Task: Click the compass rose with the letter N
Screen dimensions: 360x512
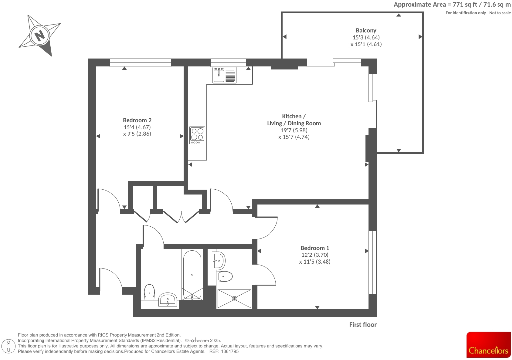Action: [x=40, y=35]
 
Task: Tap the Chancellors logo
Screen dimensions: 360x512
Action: [x=488, y=345]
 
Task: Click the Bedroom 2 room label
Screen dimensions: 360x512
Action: [x=137, y=120]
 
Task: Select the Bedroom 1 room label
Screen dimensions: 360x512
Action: [x=315, y=248]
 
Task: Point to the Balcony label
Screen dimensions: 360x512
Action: [x=366, y=30]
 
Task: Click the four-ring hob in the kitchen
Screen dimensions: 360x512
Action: [x=197, y=135]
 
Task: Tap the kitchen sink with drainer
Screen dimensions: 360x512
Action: [x=224, y=75]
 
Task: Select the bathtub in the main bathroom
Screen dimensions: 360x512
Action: [x=192, y=275]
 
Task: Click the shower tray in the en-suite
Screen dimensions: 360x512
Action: [x=234, y=299]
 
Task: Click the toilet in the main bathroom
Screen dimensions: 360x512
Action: [x=149, y=291]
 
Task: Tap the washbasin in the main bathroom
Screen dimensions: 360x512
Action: [x=168, y=300]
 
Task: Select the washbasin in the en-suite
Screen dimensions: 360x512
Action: [x=219, y=261]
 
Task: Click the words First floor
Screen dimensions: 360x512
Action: [x=362, y=325]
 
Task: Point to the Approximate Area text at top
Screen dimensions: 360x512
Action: [x=452, y=5]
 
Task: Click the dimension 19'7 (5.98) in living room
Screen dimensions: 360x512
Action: [x=294, y=130]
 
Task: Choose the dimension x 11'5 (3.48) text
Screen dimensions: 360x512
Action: [x=315, y=262]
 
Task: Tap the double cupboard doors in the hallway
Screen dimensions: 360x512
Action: [x=181, y=217]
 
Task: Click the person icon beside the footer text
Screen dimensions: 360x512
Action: [x=9, y=346]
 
